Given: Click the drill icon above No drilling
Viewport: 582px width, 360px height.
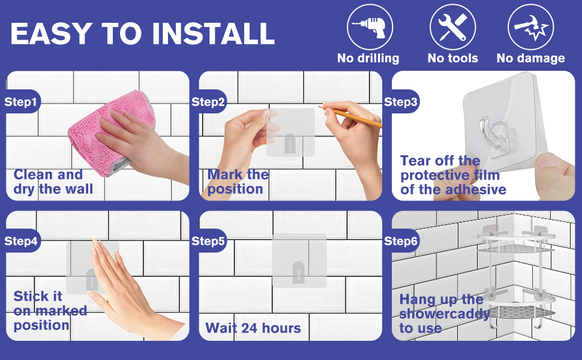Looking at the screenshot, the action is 370,27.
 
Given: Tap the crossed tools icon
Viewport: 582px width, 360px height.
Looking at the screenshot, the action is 452,27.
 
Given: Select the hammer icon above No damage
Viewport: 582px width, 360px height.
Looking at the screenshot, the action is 530,27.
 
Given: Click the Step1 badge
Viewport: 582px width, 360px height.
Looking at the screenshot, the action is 22,101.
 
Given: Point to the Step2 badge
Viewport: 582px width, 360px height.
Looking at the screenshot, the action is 209,101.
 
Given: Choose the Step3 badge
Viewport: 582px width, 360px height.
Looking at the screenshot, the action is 401,101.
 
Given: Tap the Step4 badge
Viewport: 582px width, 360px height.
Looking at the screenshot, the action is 22,241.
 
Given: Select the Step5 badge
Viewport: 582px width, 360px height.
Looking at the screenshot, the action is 209,241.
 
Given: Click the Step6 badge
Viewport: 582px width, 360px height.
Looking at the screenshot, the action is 401,241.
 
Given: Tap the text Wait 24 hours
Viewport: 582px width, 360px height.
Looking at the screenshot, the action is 253,328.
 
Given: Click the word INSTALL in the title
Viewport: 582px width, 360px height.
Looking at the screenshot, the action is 214,34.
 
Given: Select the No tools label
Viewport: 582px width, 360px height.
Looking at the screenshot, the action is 453,58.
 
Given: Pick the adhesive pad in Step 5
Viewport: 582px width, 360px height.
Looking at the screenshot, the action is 299,260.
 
